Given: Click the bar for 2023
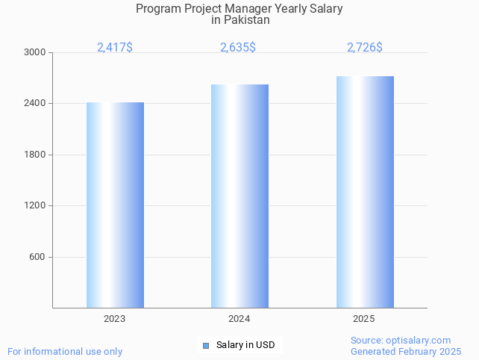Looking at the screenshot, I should coord(115,205).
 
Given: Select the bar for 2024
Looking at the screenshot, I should coord(239,196).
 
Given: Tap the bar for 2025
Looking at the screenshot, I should coord(365,192).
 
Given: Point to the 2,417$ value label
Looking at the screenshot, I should coord(115,48).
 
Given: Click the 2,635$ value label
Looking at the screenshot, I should coord(238,48).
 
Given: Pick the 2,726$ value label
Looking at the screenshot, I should coord(365,48).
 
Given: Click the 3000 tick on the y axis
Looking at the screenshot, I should coord(35,52).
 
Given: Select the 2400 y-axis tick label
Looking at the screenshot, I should coord(35,103).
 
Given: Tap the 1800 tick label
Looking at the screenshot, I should coord(35,155).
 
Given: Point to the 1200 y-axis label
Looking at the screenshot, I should coord(35,205).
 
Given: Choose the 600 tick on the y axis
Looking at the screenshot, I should coord(37,257).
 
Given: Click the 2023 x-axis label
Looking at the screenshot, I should coord(114,319).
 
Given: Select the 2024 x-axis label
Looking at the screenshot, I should coord(239,319).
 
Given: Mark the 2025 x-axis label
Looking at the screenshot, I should coord(363,319).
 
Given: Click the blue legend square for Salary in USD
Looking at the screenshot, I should coord(206,345).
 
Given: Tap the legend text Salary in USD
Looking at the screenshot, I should coord(245,345).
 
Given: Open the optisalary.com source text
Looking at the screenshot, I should coord(401,341).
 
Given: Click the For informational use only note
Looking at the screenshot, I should coord(65,351).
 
